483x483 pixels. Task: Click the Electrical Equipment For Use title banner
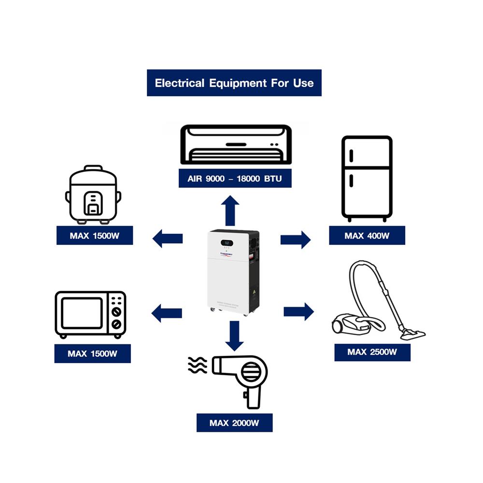234,83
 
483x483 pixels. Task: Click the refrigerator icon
367,178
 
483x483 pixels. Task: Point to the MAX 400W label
367,236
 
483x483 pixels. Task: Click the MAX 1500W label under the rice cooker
94,236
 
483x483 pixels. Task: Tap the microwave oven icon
90,314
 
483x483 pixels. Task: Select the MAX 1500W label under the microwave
92,354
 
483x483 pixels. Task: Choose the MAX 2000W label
234,423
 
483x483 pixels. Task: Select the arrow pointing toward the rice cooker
168,238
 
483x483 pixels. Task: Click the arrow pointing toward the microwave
167,313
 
